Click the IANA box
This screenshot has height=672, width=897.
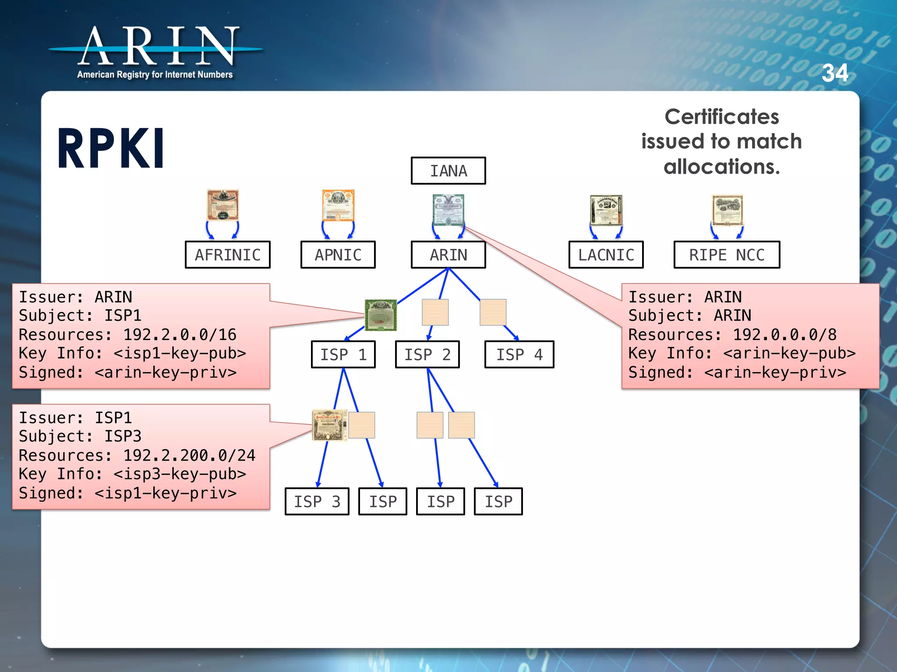pyautogui.click(x=448, y=171)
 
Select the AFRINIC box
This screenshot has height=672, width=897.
pyautogui.click(x=227, y=255)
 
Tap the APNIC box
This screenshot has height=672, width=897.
pyautogui.click(x=338, y=255)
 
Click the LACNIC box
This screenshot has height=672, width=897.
pyautogui.click(x=606, y=255)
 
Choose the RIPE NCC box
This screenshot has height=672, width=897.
pyautogui.click(x=727, y=255)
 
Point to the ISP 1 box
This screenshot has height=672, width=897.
pyautogui.click(x=343, y=354)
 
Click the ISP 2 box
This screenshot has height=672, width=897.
pyautogui.click(x=427, y=354)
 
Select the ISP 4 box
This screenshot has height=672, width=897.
pyautogui.click(x=519, y=354)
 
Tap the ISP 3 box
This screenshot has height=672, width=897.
pyautogui.click(x=317, y=501)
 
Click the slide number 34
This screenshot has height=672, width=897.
pyautogui.click(x=835, y=73)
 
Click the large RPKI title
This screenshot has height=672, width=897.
pyautogui.click(x=111, y=149)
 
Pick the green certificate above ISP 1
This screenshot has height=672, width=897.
pyautogui.click(x=381, y=315)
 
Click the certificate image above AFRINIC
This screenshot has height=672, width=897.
pyautogui.click(x=223, y=205)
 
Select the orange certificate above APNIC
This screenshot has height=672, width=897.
pyautogui.click(x=338, y=205)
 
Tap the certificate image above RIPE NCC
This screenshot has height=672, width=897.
pyautogui.click(x=727, y=210)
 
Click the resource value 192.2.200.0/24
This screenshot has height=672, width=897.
pyautogui.click(x=189, y=455)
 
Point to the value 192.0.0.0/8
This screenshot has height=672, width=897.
pyautogui.click(x=784, y=335)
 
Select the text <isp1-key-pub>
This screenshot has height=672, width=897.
pyautogui.click(x=180, y=353)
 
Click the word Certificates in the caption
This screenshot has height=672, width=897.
pyautogui.click(x=721, y=117)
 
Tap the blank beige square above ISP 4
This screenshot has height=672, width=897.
pyautogui.click(x=493, y=312)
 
